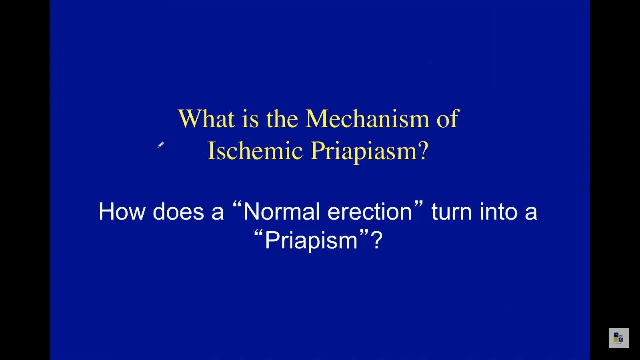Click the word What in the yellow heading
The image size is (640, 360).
[206, 118]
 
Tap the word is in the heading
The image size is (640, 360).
[250, 119]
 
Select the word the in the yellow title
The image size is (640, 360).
[282, 119]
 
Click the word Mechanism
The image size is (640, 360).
[367, 118]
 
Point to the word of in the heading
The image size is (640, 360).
[448, 118]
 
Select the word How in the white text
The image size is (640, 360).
[122, 211]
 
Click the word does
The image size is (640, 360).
[178, 211]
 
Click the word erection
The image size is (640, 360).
[370, 211]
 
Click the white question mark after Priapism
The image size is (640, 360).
[376, 240]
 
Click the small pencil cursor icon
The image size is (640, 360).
[161, 145]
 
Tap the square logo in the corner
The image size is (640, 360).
[619, 338]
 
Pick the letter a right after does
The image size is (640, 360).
[217, 213]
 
